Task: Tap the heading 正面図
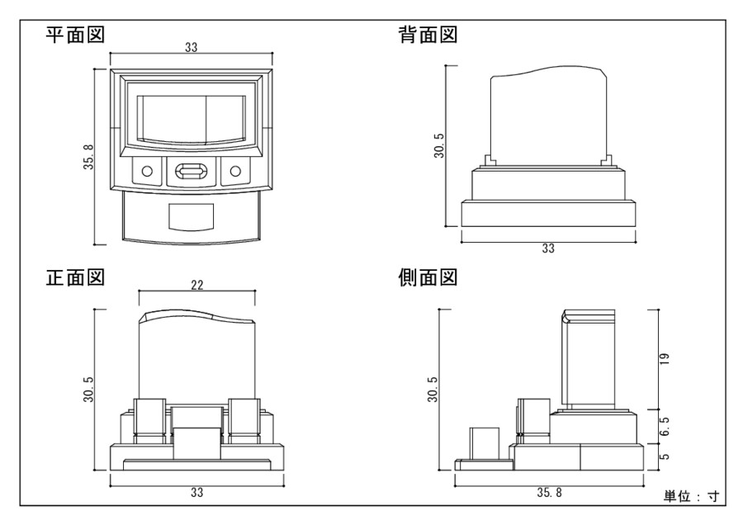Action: coord(73,277)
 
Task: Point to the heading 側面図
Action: coord(428,277)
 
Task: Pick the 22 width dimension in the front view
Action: coord(196,285)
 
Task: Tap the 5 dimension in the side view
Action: coord(665,455)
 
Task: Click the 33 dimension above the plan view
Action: coord(191,49)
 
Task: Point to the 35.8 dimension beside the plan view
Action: coord(88,156)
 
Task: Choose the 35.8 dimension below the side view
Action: coord(547,493)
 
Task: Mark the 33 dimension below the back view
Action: coord(547,248)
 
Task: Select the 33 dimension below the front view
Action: coord(196,493)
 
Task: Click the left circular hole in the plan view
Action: coord(148,172)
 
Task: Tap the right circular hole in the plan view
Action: coord(235,172)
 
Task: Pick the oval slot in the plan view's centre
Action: coord(192,173)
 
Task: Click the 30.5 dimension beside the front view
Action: coord(88,390)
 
